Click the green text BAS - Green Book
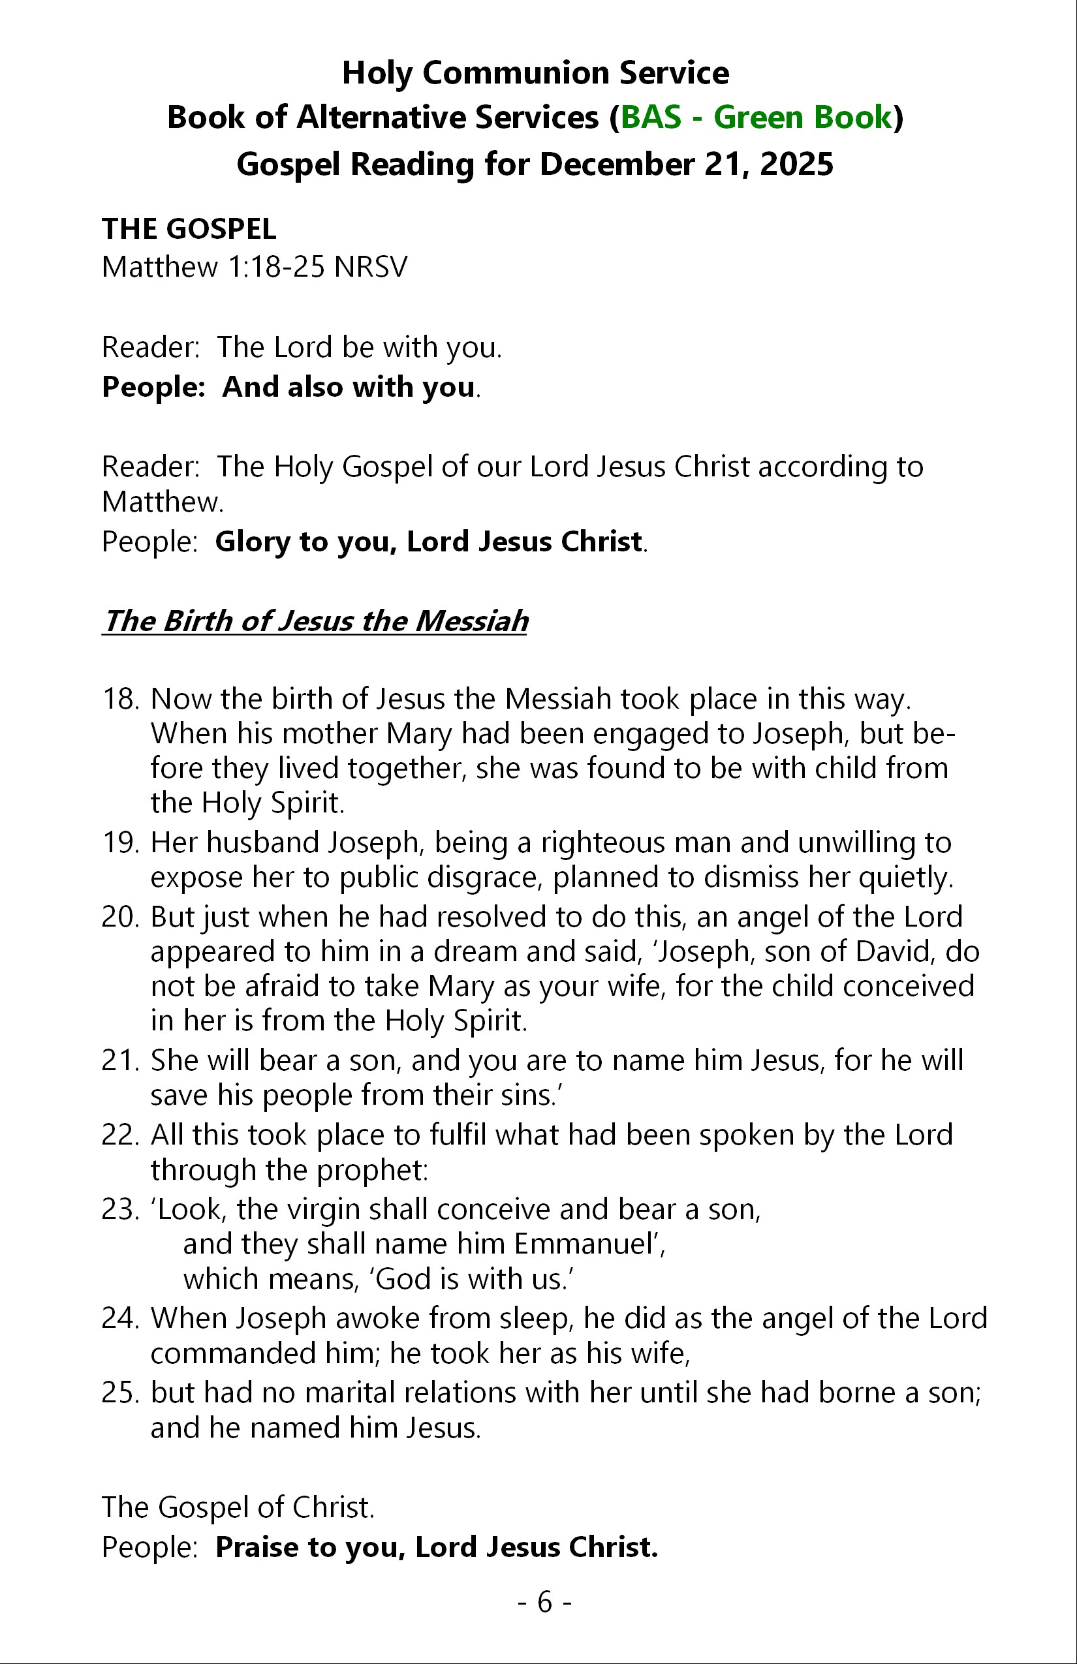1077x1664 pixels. (x=756, y=117)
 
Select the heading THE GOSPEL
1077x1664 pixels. (x=189, y=228)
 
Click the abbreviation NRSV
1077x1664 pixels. (x=370, y=266)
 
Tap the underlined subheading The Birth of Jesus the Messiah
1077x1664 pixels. (x=315, y=621)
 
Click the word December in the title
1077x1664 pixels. (x=616, y=165)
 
